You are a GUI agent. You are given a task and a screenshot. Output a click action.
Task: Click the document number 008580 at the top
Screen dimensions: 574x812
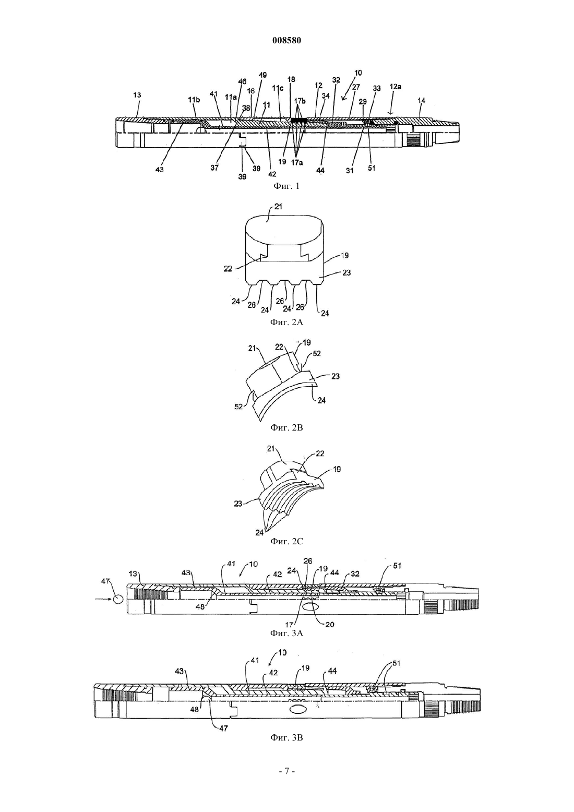click(x=286, y=41)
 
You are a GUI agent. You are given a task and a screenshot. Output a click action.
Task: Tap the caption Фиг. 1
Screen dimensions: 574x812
click(x=286, y=186)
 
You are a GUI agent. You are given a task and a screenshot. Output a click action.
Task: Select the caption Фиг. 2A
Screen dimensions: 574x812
click(x=286, y=323)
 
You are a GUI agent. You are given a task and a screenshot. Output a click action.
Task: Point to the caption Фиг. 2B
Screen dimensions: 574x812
click(x=286, y=427)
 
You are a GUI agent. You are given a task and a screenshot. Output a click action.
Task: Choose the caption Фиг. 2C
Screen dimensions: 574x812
click(x=286, y=541)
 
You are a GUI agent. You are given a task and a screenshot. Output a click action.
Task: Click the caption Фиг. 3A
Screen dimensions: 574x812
click(x=286, y=633)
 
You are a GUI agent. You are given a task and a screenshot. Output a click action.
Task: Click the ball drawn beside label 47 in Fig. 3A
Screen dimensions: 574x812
click(x=118, y=599)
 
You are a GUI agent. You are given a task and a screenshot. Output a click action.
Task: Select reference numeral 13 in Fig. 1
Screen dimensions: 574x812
click(x=137, y=95)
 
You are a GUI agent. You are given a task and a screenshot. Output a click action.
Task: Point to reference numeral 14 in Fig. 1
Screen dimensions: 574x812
click(x=422, y=100)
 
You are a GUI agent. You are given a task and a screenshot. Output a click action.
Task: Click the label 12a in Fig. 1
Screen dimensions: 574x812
click(x=396, y=87)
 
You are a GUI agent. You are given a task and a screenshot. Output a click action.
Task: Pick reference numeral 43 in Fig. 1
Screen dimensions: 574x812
click(x=160, y=170)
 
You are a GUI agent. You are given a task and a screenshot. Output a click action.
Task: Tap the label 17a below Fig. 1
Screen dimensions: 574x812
click(x=296, y=163)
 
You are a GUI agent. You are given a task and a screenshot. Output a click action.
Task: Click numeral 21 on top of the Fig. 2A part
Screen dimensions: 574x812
click(x=278, y=207)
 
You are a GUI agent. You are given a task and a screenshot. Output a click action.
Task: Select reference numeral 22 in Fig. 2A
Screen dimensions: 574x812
click(x=228, y=269)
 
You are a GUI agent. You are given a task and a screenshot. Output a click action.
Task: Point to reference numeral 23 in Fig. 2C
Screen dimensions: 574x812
click(x=238, y=504)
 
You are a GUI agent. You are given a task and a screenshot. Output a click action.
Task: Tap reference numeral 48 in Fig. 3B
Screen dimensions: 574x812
click(x=195, y=709)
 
